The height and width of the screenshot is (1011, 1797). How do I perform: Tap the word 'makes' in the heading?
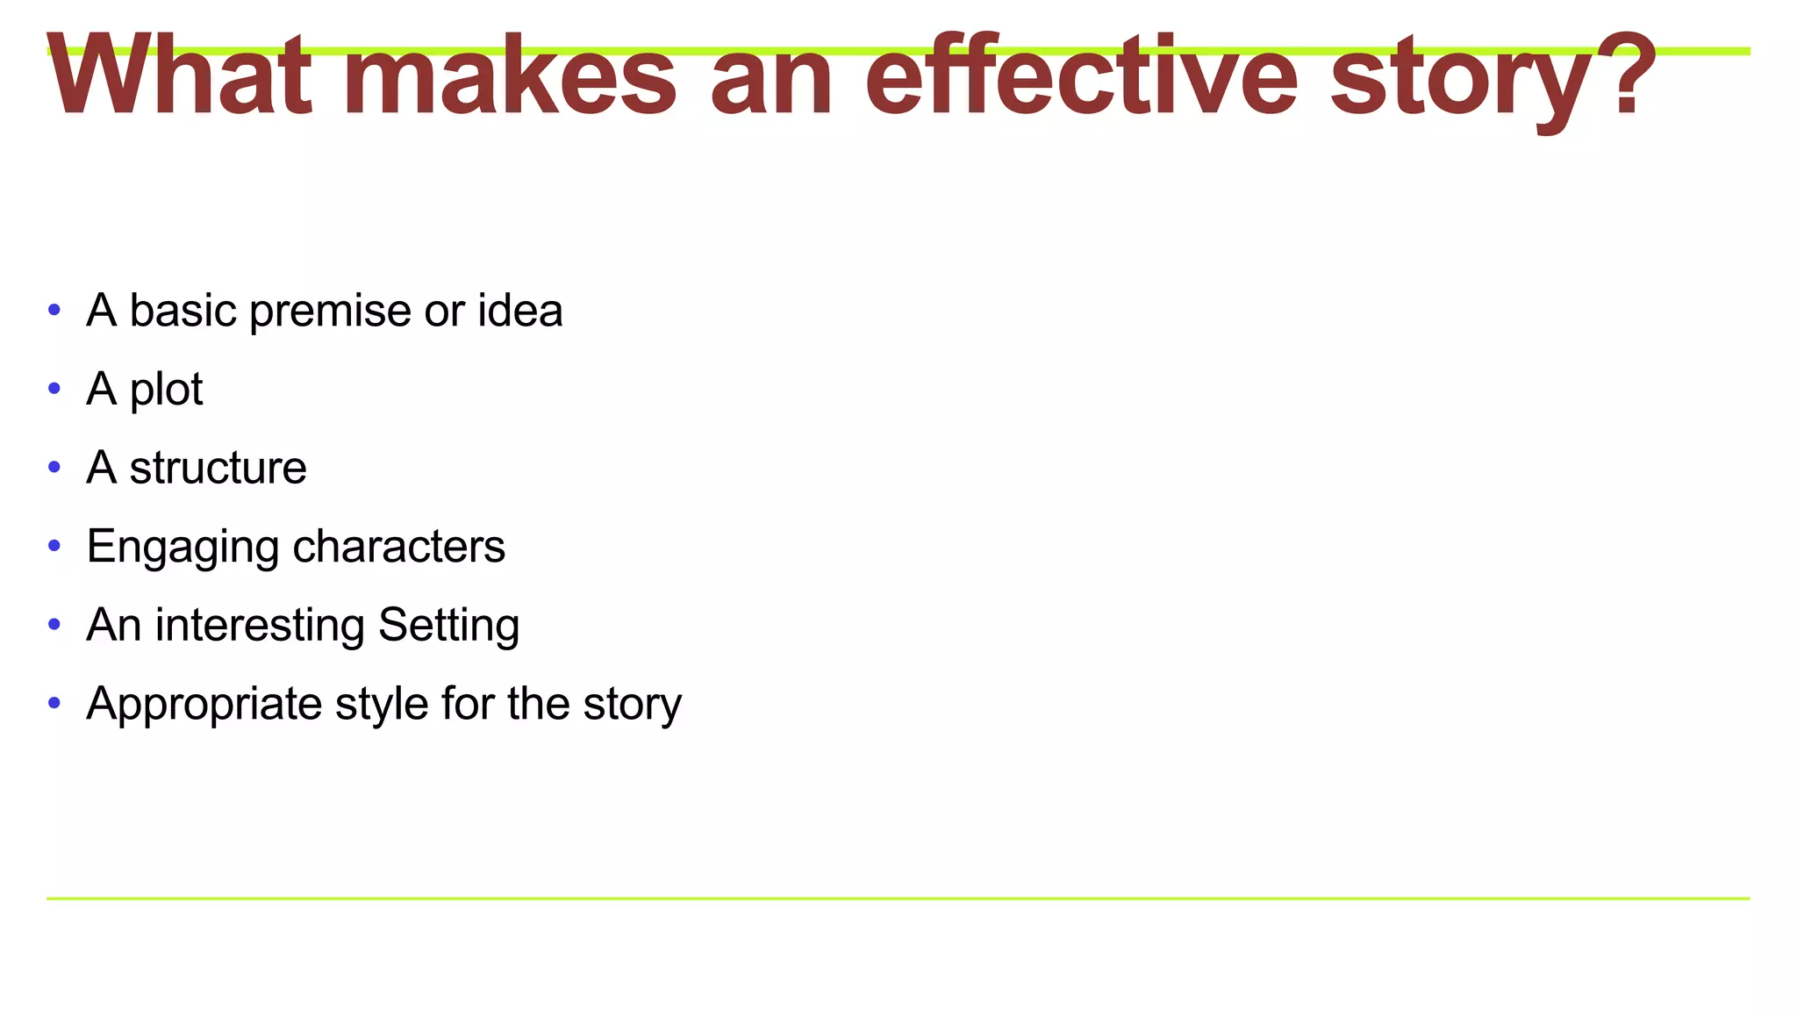(x=509, y=76)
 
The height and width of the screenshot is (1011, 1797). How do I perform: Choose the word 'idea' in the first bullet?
(x=519, y=311)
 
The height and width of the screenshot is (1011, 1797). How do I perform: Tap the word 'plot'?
(x=166, y=391)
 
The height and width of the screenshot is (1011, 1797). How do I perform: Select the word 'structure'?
(x=218, y=468)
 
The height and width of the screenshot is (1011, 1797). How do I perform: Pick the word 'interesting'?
(x=260, y=626)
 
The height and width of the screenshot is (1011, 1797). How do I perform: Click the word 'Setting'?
(x=448, y=626)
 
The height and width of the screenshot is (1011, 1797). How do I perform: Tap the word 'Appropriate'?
(x=204, y=705)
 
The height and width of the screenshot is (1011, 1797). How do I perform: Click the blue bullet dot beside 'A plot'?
(x=54, y=388)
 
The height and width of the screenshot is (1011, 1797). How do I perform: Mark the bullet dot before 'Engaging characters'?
(x=54, y=546)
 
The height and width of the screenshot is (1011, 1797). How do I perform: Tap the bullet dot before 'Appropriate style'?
(x=54, y=703)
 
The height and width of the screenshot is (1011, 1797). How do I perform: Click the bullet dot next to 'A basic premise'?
(x=54, y=310)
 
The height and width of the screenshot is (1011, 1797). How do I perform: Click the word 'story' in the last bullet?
(x=632, y=705)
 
